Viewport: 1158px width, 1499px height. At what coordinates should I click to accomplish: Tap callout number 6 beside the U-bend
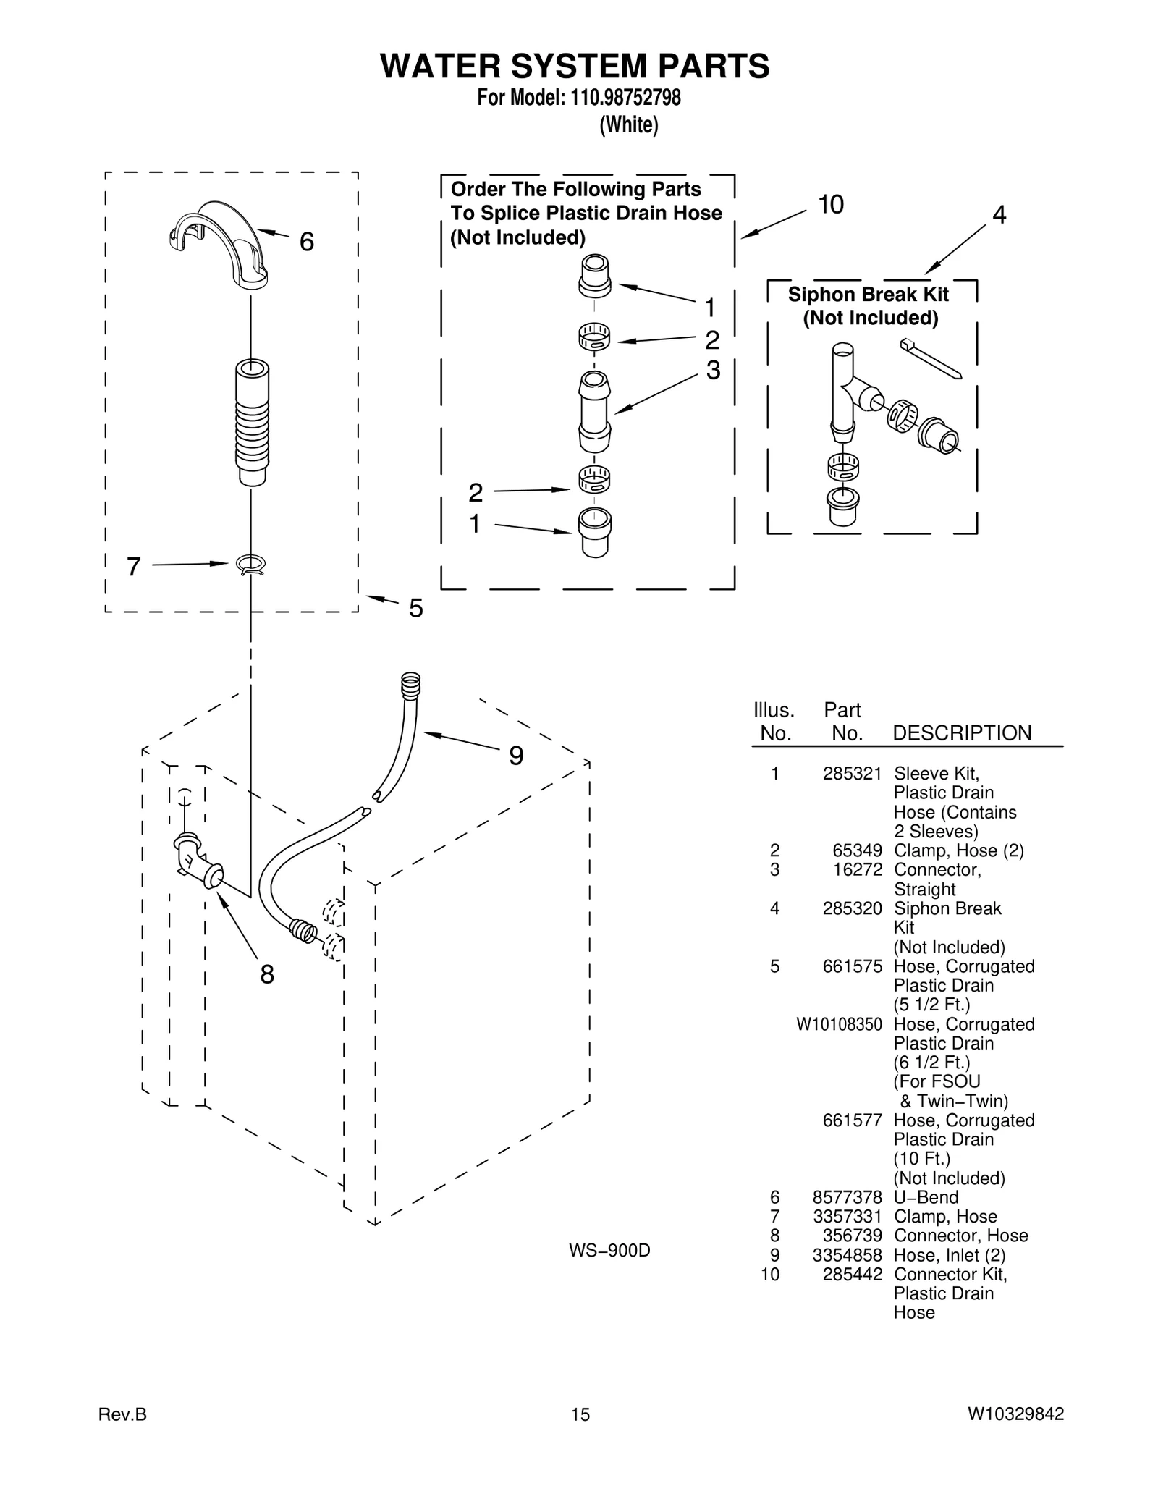pos(307,242)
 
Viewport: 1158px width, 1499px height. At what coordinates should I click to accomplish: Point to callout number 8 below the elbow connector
pos(267,975)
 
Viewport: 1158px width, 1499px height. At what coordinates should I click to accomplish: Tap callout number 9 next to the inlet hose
pos(516,756)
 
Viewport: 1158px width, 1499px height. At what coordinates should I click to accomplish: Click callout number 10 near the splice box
pos(831,205)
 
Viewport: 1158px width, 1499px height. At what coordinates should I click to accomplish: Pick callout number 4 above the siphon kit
pos(999,215)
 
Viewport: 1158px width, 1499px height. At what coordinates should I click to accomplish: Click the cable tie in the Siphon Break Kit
pos(931,359)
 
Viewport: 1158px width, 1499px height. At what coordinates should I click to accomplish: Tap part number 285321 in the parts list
pos(852,774)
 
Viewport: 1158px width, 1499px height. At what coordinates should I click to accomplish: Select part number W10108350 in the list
pos(839,1024)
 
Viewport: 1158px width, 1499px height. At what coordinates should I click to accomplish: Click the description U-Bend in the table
pos(926,1197)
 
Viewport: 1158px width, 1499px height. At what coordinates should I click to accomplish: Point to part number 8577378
pos(847,1197)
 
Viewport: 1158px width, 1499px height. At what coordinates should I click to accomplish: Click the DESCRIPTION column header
pos(962,732)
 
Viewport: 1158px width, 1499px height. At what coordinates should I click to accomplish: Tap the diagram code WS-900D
pos(609,1250)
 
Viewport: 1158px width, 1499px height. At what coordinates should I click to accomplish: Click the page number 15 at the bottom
pos(580,1414)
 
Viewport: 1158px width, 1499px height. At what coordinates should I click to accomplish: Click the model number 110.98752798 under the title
pos(625,97)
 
